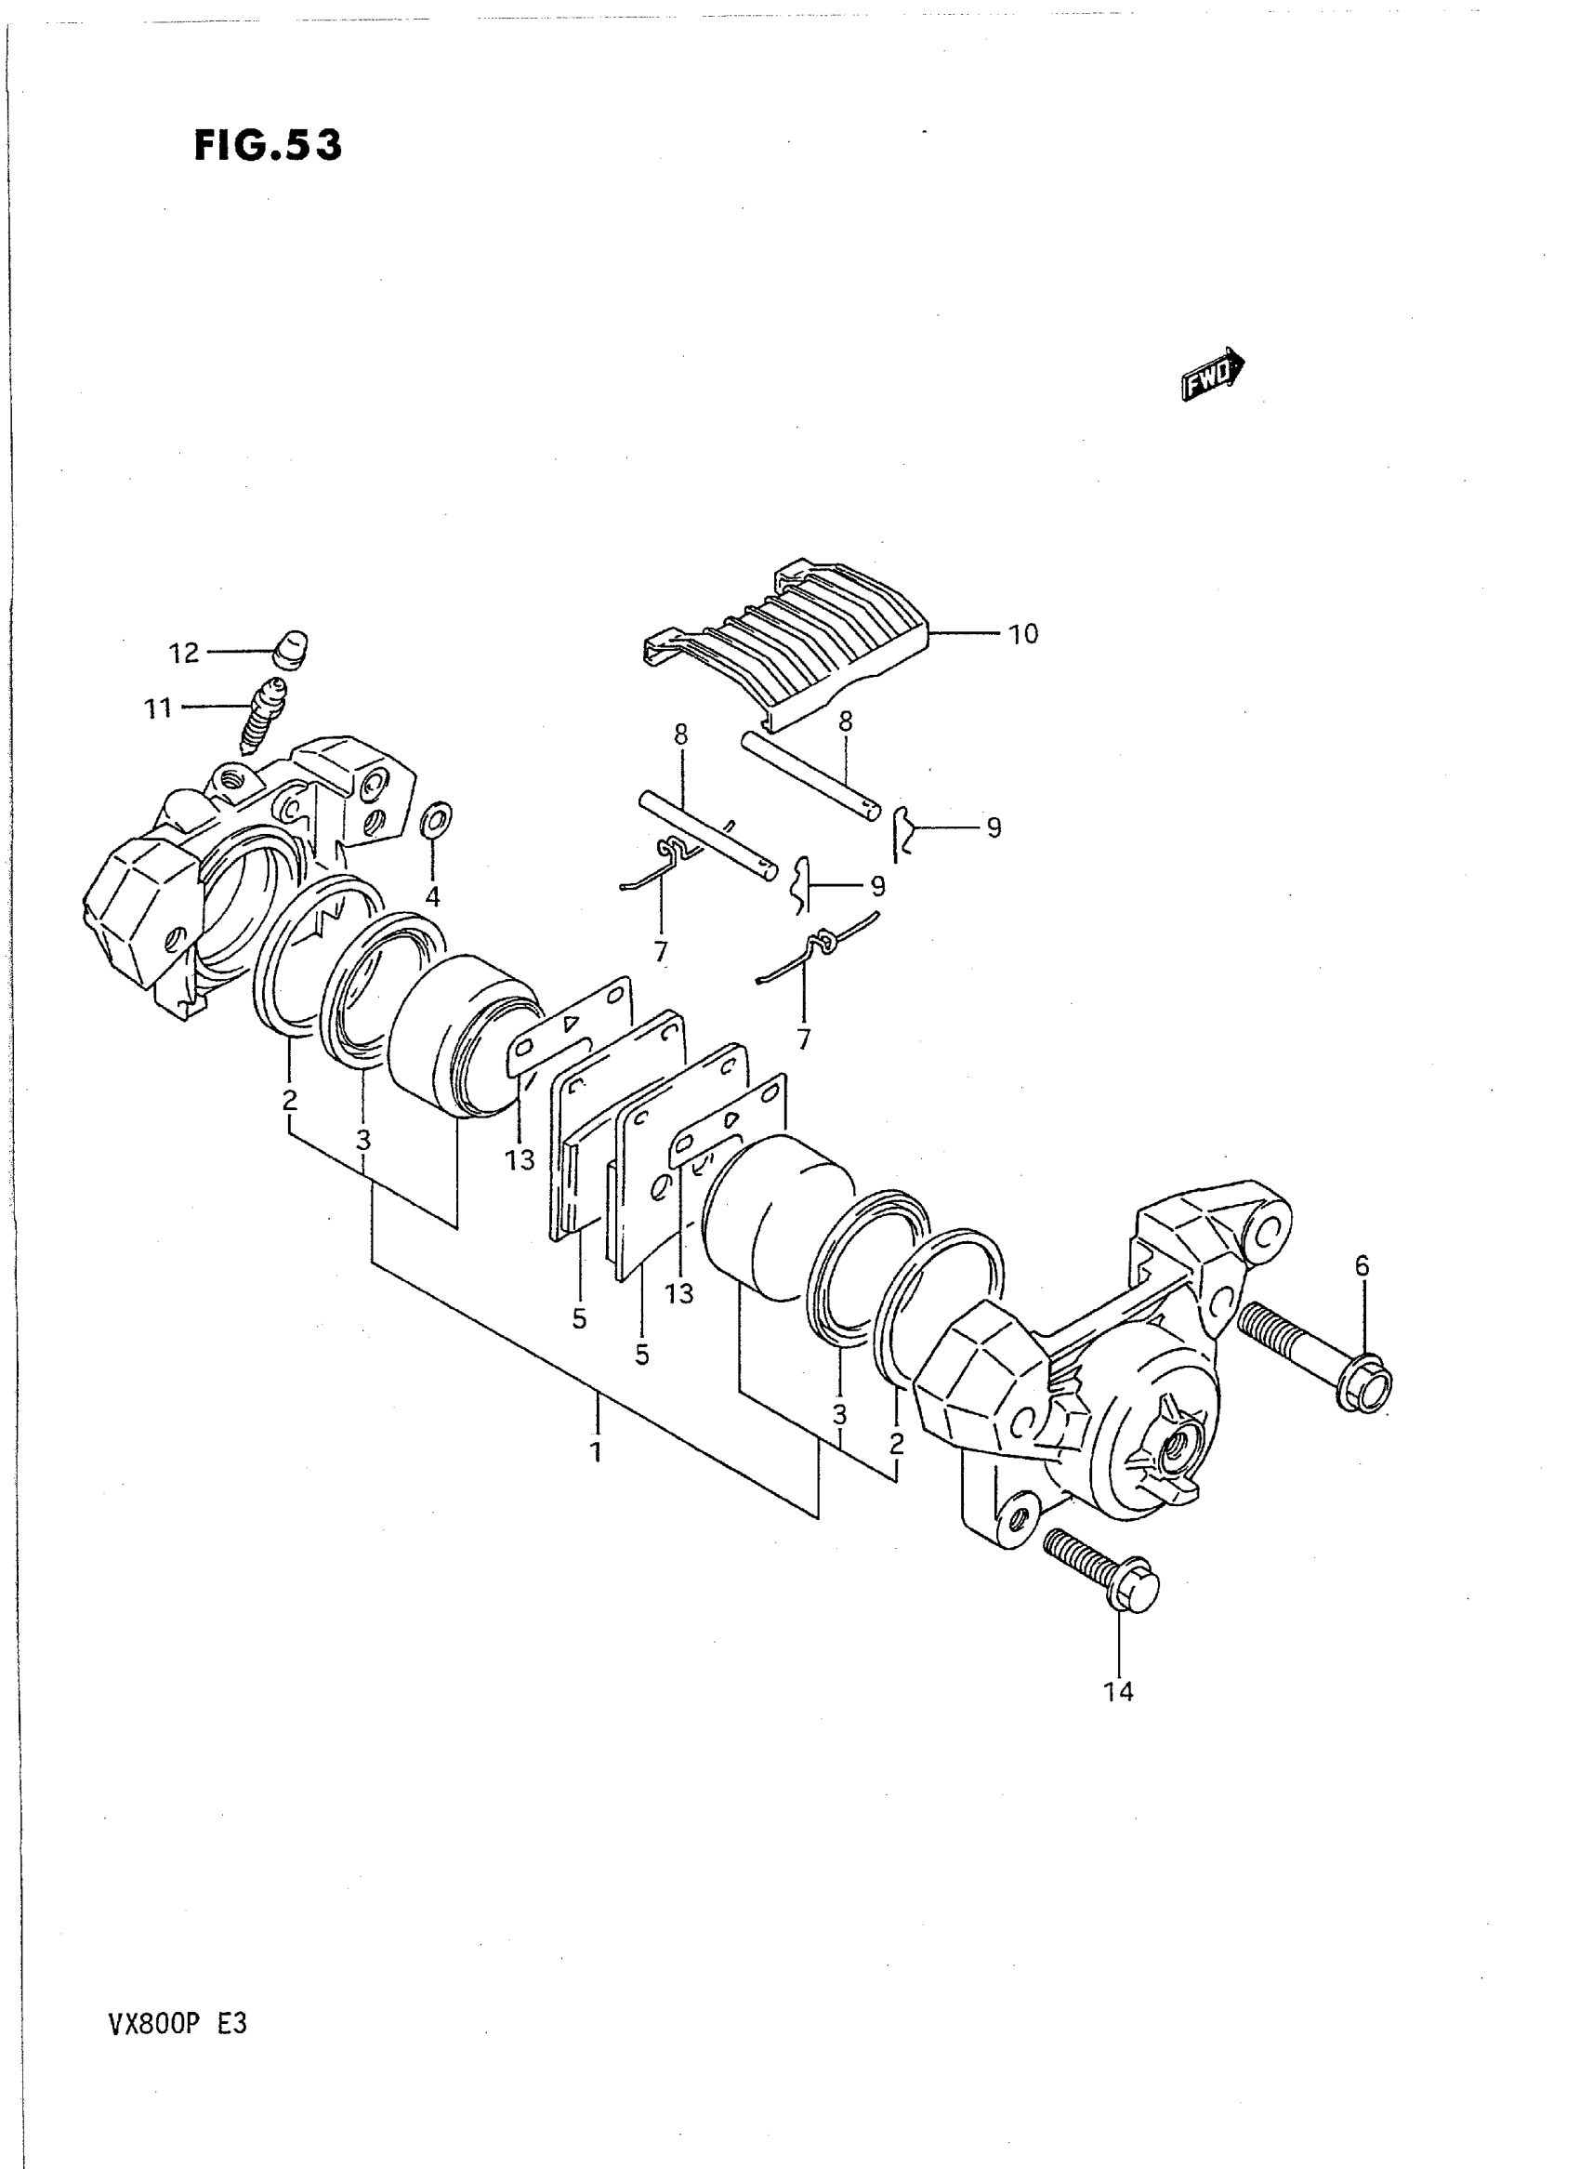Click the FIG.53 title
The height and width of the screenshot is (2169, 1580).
(x=268, y=146)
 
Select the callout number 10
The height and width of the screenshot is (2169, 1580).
(x=1022, y=634)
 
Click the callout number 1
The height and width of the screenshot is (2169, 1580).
(x=597, y=1452)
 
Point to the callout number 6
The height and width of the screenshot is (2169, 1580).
(x=1362, y=1267)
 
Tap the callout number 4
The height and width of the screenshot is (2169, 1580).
(x=432, y=897)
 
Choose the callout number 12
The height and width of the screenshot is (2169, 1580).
(x=184, y=654)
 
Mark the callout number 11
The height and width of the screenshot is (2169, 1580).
(x=158, y=709)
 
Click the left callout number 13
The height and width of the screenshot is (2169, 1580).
(x=520, y=1160)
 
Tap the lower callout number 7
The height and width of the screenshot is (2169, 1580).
(x=803, y=1039)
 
